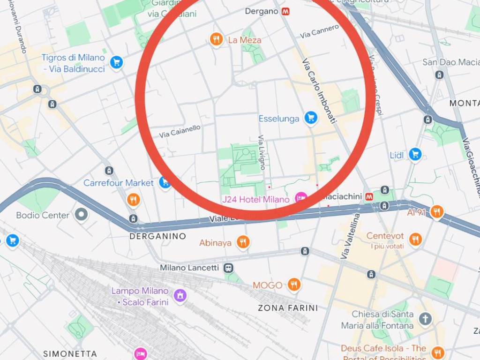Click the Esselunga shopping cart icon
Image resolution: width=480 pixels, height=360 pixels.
(x=310, y=118)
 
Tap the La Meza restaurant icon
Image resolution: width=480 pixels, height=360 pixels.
(x=216, y=40)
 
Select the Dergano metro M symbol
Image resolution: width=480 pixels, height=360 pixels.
(x=286, y=12)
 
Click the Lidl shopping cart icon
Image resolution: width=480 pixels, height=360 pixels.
(x=415, y=154)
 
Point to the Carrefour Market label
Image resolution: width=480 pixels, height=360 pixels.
(x=118, y=183)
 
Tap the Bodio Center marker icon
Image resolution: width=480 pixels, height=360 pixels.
(x=82, y=215)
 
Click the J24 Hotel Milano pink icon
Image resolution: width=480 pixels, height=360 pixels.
(x=300, y=199)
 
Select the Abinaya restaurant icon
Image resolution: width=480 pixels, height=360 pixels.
(x=242, y=242)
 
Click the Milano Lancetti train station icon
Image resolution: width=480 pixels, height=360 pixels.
(x=228, y=268)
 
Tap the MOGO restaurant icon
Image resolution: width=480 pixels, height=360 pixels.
(x=294, y=285)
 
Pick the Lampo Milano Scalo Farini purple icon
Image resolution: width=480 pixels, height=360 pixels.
(x=180, y=296)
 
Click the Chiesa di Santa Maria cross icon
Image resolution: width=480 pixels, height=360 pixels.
(x=425, y=319)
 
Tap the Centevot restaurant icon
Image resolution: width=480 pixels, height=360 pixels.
(x=415, y=240)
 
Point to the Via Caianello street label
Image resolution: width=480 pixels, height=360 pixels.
(x=180, y=131)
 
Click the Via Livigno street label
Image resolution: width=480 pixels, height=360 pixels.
(x=262, y=152)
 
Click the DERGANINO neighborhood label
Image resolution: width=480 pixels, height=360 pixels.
(x=157, y=236)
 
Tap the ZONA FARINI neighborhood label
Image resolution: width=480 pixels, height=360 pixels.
(x=288, y=308)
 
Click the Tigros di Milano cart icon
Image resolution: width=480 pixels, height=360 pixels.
(x=116, y=62)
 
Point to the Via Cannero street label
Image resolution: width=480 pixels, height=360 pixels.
(x=319, y=31)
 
